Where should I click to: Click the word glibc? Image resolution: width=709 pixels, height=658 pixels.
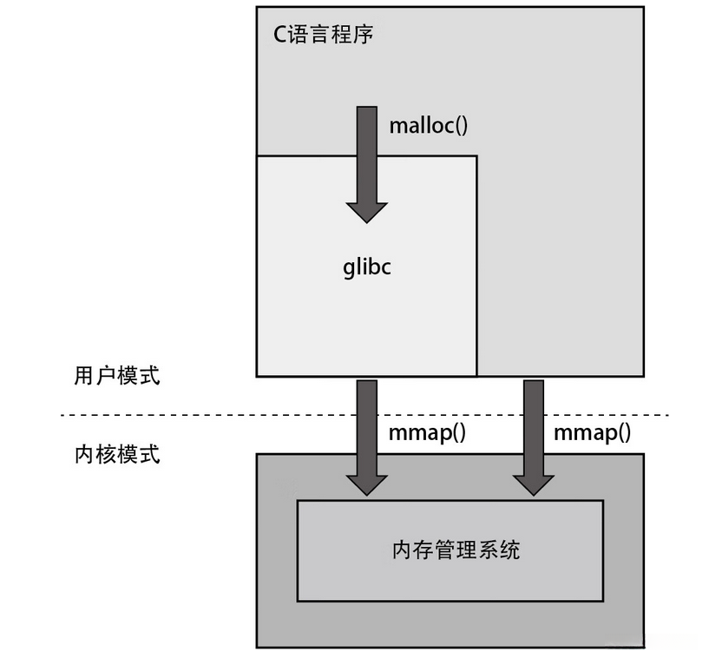(367, 266)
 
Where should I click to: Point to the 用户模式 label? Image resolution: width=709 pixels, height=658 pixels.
(117, 376)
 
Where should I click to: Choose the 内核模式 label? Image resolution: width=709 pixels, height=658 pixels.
(117, 454)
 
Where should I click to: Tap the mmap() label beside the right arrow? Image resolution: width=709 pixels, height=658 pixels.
(592, 433)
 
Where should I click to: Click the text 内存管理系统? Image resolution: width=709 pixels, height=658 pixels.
(456, 549)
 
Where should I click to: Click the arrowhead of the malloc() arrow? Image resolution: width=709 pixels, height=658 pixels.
(367, 211)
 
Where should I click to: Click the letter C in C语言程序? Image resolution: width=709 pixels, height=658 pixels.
(279, 36)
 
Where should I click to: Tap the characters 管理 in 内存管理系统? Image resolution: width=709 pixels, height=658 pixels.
(456, 549)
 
